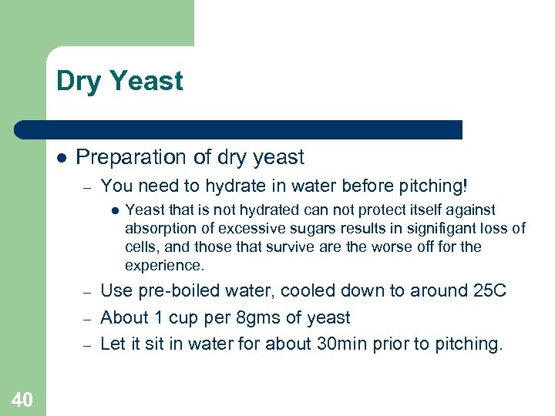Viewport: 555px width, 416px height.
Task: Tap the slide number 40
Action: (22, 399)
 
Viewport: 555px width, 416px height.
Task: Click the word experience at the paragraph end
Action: (164, 265)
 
